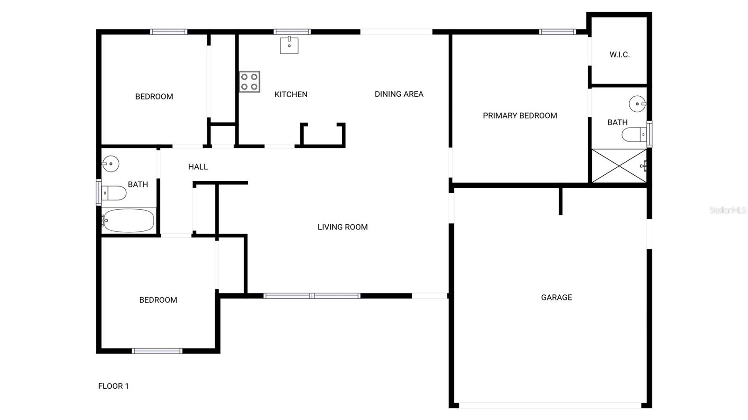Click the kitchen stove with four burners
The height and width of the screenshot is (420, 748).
pyautogui.click(x=249, y=82)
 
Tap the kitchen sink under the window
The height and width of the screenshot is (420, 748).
pyautogui.click(x=289, y=45)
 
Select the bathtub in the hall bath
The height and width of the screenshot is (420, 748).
pyautogui.click(x=129, y=221)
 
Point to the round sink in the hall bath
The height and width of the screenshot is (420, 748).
pyautogui.click(x=111, y=164)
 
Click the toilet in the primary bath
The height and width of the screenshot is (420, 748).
pyautogui.click(x=633, y=135)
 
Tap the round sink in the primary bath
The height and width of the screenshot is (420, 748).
pyautogui.click(x=637, y=104)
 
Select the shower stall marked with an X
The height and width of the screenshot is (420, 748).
pyautogui.click(x=619, y=166)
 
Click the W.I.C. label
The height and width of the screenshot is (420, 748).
pyautogui.click(x=619, y=55)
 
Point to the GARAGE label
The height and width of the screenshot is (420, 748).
pyautogui.click(x=556, y=297)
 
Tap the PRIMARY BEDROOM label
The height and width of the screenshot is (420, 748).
pyautogui.click(x=520, y=115)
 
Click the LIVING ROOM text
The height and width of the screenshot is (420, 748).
pyautogui.click(x=343, y=227)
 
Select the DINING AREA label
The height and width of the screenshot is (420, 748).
pyautogui.click(x=399, y=94)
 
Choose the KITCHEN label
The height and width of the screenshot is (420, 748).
pyautogui.click(x=291, y=94)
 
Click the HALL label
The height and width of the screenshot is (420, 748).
pyautogui.click(x=198, y=167)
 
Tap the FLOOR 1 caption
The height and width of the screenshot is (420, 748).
pyautogui.click(x=113, y=386)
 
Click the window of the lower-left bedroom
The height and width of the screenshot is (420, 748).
pyautogui.click(x=157, y=351)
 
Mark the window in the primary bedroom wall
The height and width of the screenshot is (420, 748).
pyautogui.click(x=557, y=32)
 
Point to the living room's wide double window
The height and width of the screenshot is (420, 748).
pyautogui.click(x=312, y=296)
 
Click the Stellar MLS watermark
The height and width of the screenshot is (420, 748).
pyautogui.click(x=727, y=210)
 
